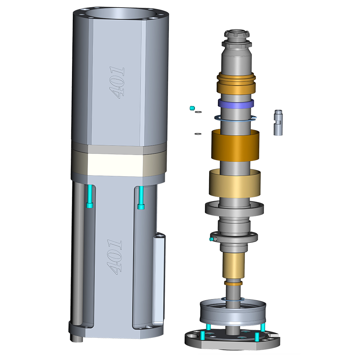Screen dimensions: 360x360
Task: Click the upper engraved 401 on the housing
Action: [117, 83]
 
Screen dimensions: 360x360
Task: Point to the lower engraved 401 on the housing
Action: [115, 257]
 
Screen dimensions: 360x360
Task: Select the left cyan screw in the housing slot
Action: [90, 196]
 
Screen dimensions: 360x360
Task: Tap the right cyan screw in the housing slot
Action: [141, 198]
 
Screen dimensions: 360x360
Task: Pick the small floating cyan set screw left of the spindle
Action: [192, 108]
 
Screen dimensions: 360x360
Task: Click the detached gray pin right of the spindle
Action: [278, 123]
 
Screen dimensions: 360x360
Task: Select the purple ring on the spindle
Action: [236, 104]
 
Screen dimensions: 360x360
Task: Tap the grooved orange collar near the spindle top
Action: [236, 83]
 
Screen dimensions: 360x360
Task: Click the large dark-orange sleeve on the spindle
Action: [235, 145]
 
